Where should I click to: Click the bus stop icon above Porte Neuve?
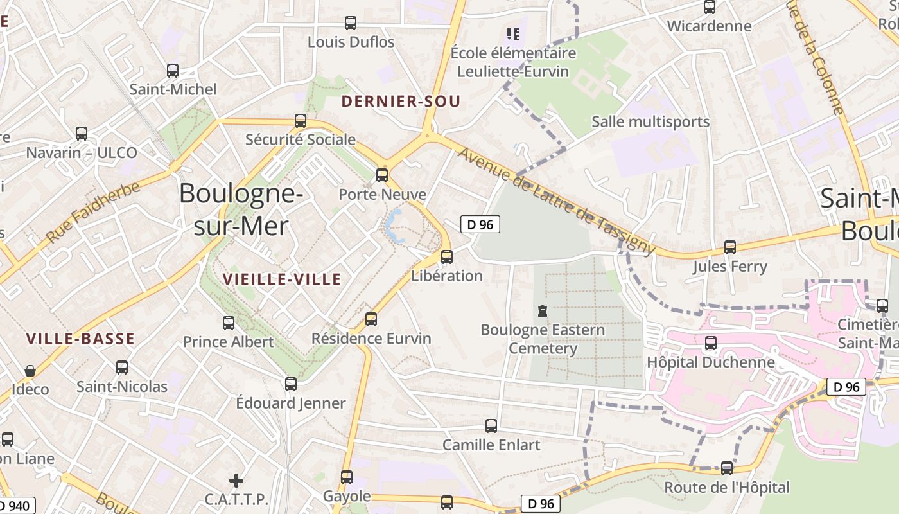tap(382, 175)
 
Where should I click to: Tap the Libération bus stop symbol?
tap(447, 257)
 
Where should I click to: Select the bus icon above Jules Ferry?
tap(729, 247)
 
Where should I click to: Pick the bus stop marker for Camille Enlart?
tap(491, 425)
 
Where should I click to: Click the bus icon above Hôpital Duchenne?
tap(710, 343)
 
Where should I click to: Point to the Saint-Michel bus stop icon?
tap(172, 71)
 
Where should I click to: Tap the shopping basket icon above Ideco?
tap(30, 371)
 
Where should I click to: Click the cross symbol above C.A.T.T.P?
tap(236, 480)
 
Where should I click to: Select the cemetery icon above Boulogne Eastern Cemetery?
tap(543, 312)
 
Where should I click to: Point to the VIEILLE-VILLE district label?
tap(282, 279)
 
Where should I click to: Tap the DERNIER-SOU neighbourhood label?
tap(401, 102)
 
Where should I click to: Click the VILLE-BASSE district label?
tap(80, 339)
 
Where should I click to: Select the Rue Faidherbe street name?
tap(93, 213)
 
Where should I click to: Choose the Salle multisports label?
tap(650, 121)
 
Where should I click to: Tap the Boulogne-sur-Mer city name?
tap(240, 209)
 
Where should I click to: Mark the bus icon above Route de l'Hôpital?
tap(726, 468)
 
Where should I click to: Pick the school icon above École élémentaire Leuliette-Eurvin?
tap(512, 33)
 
